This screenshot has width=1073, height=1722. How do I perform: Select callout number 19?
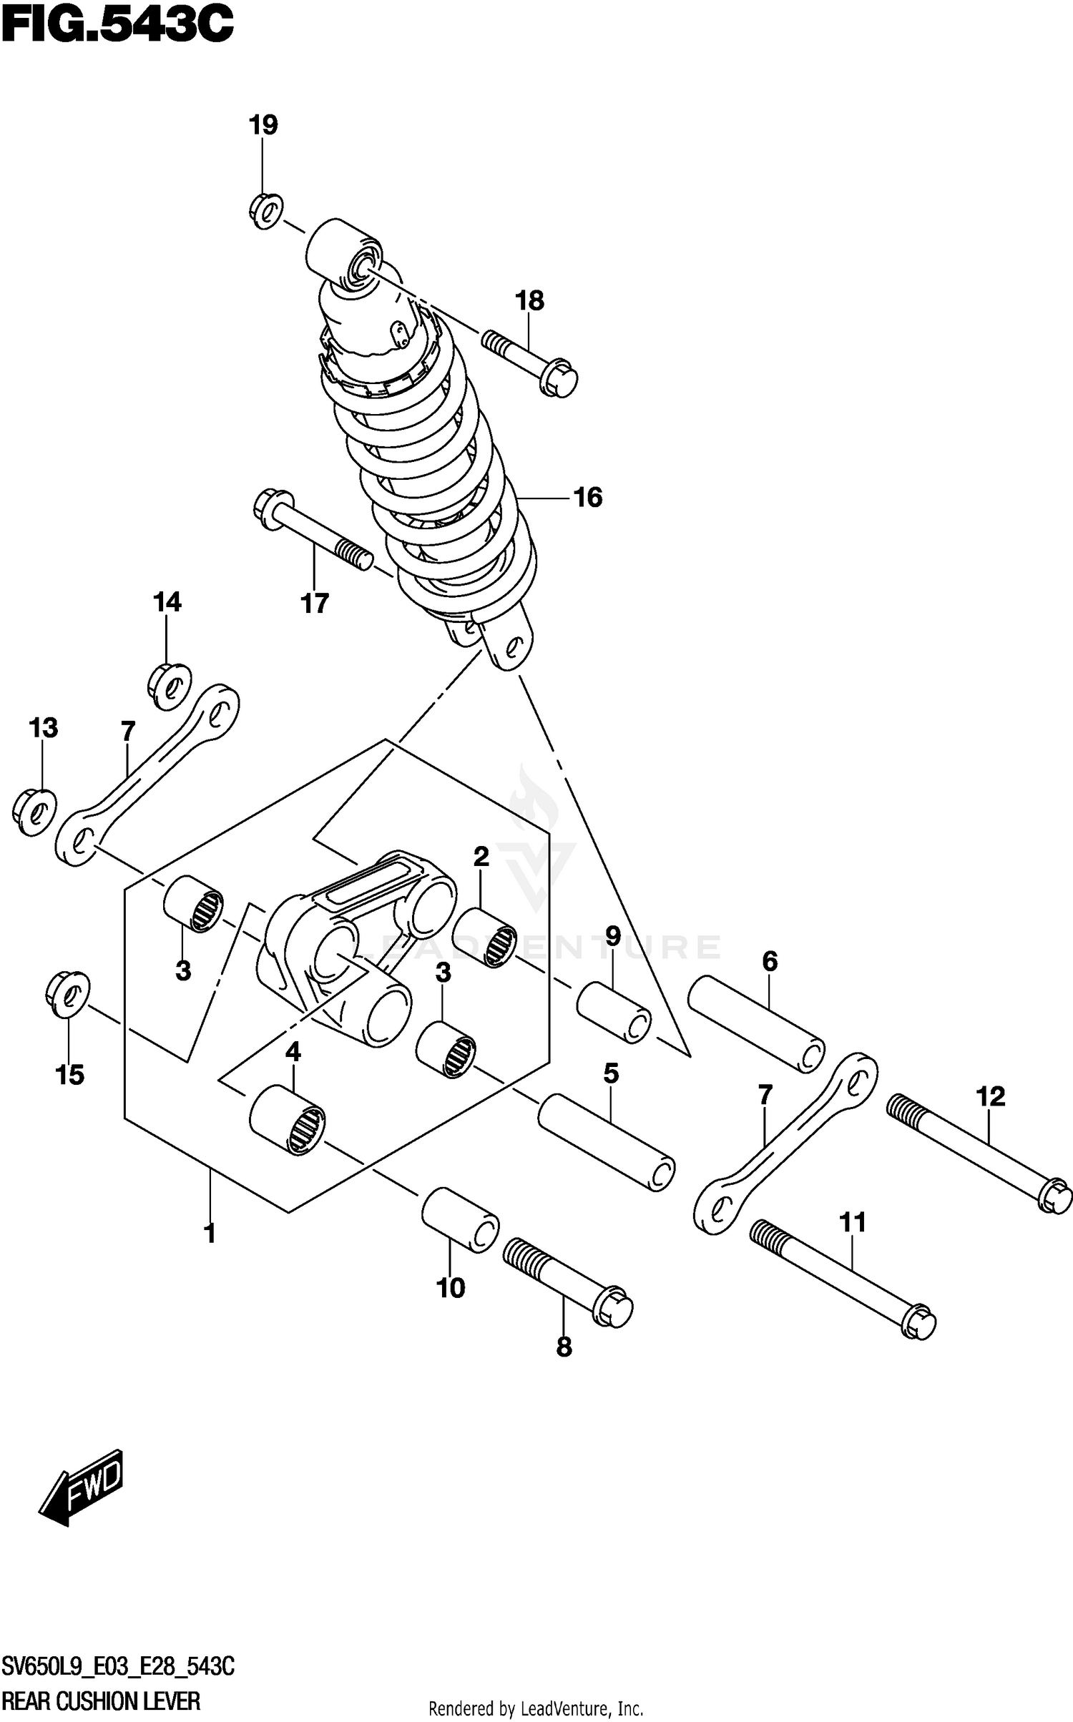click(263, 125)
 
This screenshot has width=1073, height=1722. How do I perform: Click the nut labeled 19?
click(266, 211)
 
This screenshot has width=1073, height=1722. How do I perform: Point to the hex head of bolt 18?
click(560, 380)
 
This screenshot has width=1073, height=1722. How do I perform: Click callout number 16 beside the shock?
click(588, 497)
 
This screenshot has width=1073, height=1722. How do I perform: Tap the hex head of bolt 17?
click(273, 509)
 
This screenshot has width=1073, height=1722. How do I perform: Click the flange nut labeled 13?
click(34, 812)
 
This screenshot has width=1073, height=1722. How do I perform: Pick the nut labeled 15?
click(67, 994)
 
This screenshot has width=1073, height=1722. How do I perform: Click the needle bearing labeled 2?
click(484, 937)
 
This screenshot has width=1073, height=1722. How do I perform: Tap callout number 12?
click(991, 1096)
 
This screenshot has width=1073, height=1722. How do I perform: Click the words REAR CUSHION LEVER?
click(101, 1701)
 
